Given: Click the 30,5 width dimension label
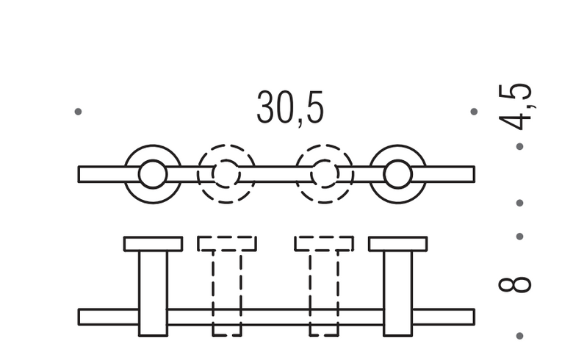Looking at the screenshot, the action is click(x=290, y=108).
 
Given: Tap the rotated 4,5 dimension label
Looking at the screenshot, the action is click(x=515, y=107).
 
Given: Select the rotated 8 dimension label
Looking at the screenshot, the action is click(x=515, y=284).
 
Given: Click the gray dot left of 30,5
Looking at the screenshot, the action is click(x=78, y=112).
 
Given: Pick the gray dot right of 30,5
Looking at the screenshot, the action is click(x=474, y=112).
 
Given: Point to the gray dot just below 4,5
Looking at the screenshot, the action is click(x=519, y=146).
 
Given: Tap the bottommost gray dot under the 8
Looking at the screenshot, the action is click(x=519, y=336).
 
